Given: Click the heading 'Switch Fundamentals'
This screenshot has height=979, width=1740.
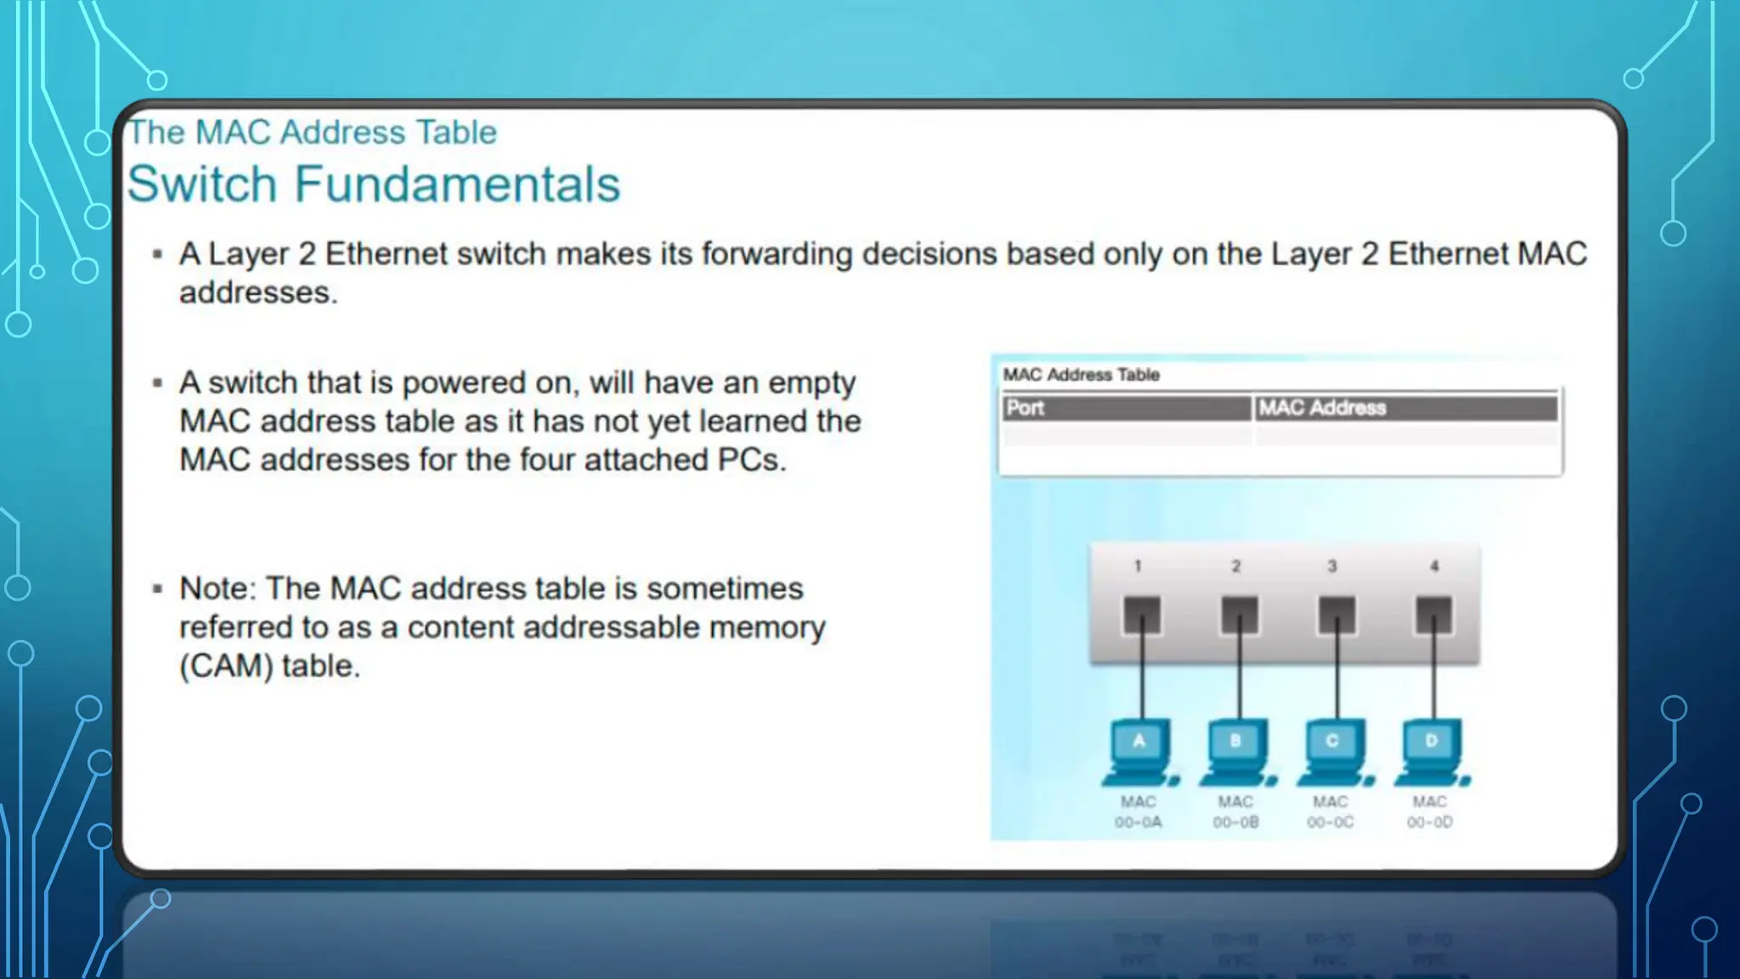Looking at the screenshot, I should click(374, 184).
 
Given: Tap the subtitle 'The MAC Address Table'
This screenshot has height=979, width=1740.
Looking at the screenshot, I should click(312, 133).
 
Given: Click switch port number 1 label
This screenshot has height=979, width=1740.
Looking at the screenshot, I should click(1138, 566).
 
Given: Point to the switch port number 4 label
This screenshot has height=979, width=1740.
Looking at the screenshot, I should click(1434, 566).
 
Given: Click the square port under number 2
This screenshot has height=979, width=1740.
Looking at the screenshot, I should click(1239, 614).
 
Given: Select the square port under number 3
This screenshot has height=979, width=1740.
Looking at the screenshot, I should click(1336, 614).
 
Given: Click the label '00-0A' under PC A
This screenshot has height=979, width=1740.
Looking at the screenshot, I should click(1138, 823).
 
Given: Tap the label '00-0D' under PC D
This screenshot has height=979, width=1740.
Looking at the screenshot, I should click(1430, 823).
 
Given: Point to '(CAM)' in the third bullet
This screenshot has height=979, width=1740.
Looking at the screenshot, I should click(226, 665).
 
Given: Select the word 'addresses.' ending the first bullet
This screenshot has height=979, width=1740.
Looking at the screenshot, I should click(258, 292).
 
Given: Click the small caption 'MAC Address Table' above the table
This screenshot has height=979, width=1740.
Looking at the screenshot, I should click(1081, 375).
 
